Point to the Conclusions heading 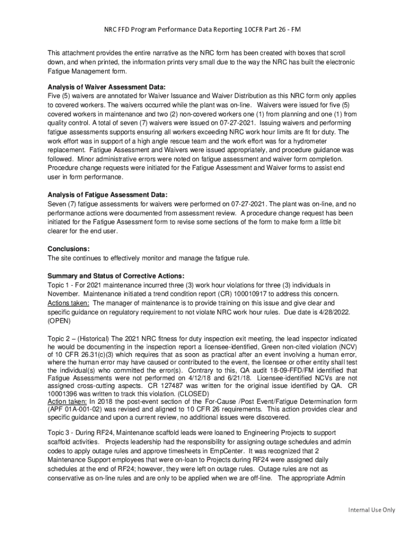pos(68,248)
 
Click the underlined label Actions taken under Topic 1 pos(68,303)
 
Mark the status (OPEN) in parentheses pos(59,320)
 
